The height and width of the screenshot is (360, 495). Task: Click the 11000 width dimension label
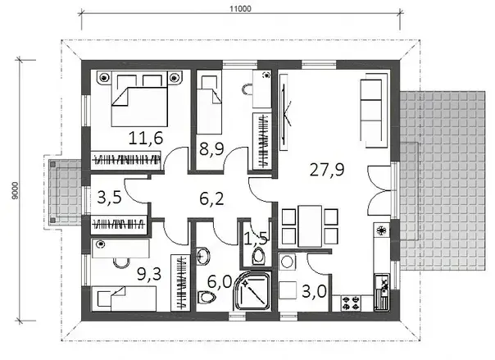(240, 8)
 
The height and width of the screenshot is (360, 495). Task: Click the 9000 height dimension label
(15, 190)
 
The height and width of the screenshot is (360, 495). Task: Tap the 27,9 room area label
(327, 170)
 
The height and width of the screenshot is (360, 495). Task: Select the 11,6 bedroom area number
(146, 139)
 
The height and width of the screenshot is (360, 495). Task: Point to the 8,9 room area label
(211, 149)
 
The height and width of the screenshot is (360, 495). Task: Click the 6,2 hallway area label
(211, 199)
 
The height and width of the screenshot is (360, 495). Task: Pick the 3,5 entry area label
(110, 198)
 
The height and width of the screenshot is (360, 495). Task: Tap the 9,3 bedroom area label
(149, 274)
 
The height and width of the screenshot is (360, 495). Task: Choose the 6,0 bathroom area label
(220, 281)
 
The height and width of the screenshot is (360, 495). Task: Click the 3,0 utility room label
(314, 291)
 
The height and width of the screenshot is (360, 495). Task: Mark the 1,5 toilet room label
(257, 239)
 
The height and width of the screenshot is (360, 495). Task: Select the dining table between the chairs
(310, 226)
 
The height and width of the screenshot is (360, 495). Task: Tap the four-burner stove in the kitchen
(351, 303)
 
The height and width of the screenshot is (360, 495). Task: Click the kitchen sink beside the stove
(382, 292)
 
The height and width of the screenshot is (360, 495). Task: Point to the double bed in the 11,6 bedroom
(139, 99)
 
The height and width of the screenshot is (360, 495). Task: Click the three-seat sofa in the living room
(375, 110)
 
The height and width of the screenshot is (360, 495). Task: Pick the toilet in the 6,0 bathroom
(207, 297)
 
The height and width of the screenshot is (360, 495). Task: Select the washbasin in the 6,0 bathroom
(203, 256)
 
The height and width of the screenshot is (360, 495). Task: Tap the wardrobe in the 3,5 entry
(119, 225)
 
